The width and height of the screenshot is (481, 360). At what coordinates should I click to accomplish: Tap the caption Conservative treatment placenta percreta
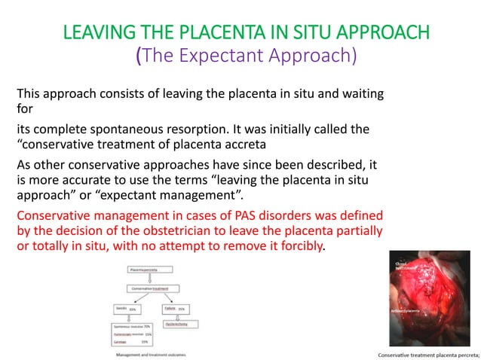(x=427, y=354)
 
